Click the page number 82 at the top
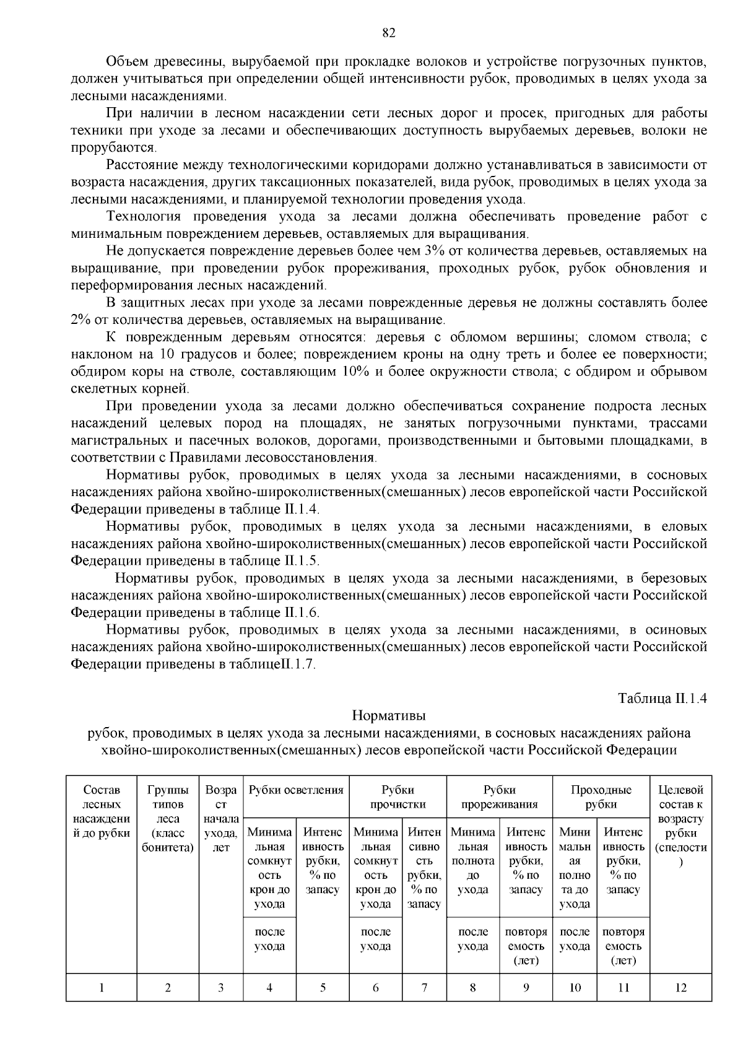pos(389,33)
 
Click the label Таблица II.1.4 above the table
pos(663,698)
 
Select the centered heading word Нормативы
pos(389,716)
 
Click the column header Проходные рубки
pos(601,797)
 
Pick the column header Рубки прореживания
pos(499,797)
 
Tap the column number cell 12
pos(680,988)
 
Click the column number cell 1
pos(102,988)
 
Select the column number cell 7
pos(424,988)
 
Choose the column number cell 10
pos(575,988)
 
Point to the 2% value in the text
pos(80,320)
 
